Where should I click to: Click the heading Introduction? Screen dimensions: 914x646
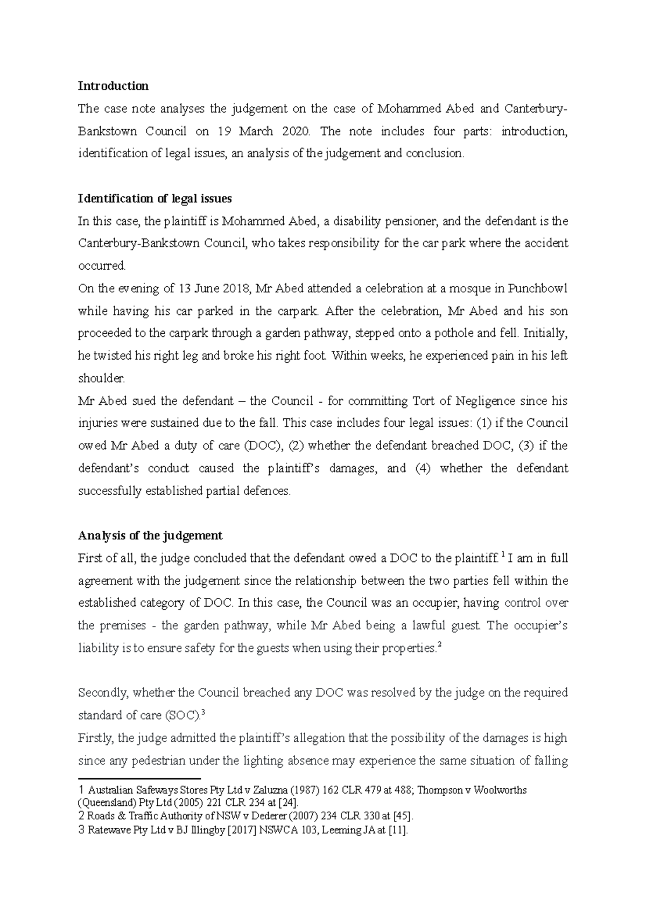(113, 86)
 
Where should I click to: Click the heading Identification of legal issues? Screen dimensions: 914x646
(155, 199)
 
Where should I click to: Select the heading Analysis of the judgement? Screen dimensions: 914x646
(150, 536)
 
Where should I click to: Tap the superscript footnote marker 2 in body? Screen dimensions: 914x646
(440, 645)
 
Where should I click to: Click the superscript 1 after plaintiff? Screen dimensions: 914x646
(503, 556)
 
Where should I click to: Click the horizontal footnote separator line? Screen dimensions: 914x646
(139, 778)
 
